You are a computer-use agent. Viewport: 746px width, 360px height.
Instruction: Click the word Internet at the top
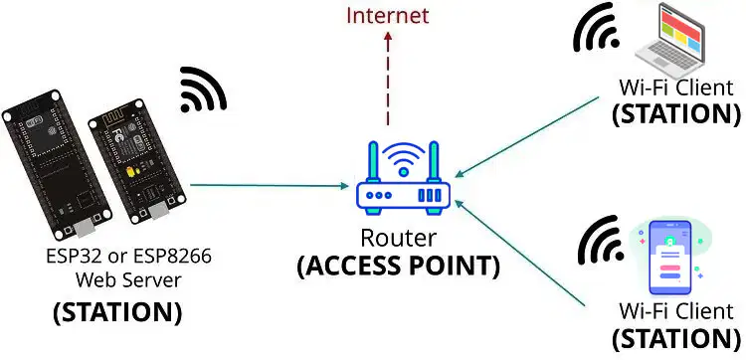pos(387,15)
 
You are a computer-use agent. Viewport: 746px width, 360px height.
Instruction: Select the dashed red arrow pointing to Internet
pos(388,78)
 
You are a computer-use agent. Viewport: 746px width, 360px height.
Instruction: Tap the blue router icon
pos(404,178)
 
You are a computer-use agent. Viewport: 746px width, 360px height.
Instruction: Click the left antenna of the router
pos(374,161)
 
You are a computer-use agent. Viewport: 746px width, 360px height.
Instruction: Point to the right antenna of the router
pos(433,161)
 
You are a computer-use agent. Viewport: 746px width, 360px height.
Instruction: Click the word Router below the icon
pos(399,239)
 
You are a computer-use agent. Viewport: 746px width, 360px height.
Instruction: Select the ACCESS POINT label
pos(399,267)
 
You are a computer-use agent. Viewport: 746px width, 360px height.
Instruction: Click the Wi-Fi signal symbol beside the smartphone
pos(601,240)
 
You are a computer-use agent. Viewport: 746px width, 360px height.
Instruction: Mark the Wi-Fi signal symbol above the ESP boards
pos(204,90)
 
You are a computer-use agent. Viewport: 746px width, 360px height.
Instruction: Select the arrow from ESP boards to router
pos(270,186)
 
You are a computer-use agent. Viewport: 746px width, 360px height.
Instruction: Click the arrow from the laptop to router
pos(527,137)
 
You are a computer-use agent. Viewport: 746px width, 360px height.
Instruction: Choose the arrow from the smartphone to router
pos(519,253)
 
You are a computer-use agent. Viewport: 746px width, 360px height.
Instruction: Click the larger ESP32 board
pos(57,164)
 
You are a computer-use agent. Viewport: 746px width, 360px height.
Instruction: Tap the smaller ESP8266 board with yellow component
pos(137,161)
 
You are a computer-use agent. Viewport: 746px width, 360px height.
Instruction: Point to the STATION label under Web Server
pos(117,312)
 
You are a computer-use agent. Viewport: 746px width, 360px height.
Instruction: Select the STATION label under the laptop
pos(676,113)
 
